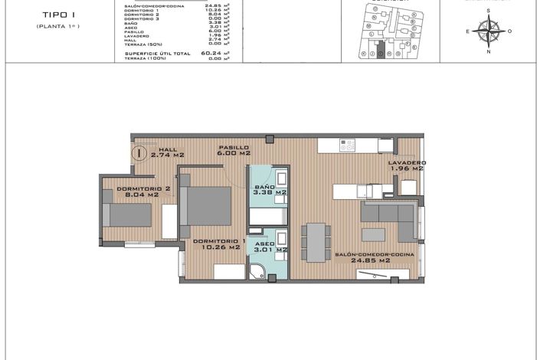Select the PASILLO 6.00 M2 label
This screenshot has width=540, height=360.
click(234, 150)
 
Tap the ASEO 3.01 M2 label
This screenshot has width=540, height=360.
click(270, 245)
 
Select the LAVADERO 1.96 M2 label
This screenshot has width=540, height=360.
click(407, 165)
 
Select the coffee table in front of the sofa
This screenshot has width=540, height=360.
click(373, 234)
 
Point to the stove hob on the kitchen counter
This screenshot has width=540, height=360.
click(347, 143)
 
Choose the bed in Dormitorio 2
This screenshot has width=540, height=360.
click(128, 215)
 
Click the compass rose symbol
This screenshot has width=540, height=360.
click(489, 31)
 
